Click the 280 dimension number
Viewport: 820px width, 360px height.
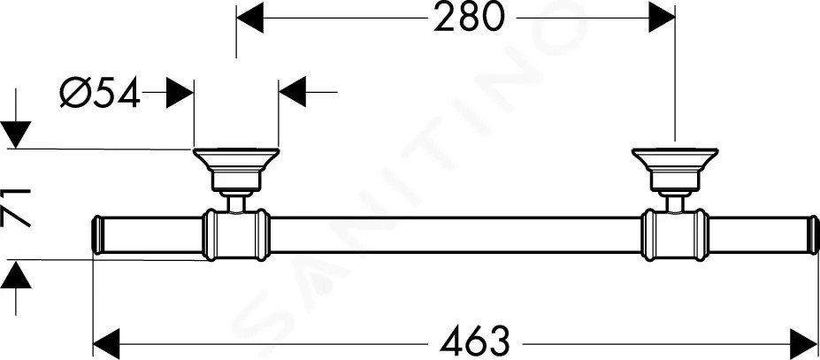point(470,18)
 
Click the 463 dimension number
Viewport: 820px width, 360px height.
point(474,341)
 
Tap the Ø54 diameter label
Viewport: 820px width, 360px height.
point(100,93)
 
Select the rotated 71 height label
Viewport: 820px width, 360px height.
point(18,209)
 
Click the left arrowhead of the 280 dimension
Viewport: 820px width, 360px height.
point(249,19)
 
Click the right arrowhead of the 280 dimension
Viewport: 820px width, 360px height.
point(662,19)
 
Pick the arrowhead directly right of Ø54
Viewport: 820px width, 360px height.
point(180,93)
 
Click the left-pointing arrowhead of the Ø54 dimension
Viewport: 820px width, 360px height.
point(292,93)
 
